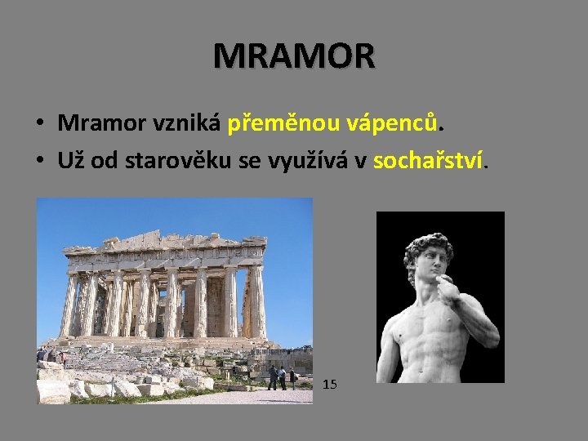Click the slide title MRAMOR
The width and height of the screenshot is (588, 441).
coord(294,56)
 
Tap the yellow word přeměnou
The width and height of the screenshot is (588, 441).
coord(275,123)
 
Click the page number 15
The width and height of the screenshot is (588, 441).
coord(330,383)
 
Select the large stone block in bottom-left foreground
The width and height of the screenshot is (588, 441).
coord(53,390)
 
